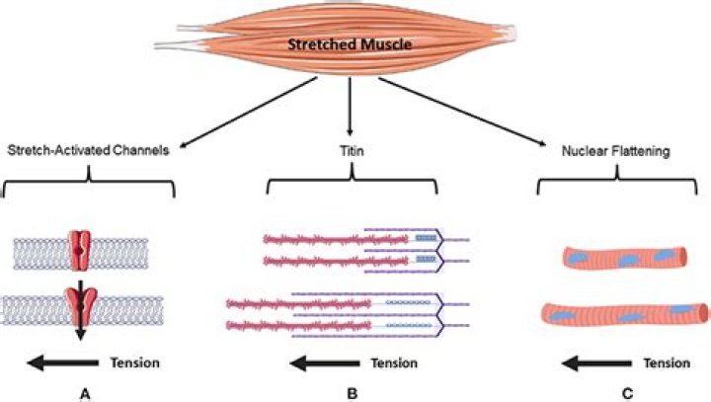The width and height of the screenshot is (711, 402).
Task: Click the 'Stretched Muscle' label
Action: point(349,44)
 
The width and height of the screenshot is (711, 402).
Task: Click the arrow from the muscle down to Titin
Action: point(349,109)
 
